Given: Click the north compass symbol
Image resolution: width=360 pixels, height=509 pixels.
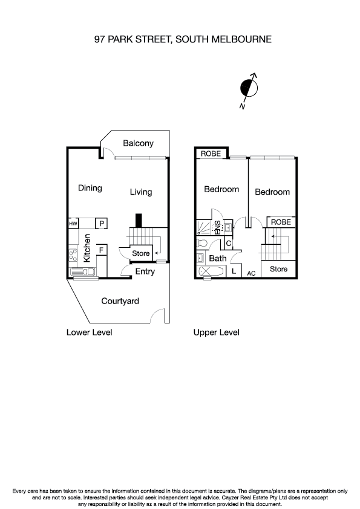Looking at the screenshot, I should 249,89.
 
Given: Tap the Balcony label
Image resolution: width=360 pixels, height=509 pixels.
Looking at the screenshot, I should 138,144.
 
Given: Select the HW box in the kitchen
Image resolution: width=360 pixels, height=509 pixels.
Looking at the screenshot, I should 73,224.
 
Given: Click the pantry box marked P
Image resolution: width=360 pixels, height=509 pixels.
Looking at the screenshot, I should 102,224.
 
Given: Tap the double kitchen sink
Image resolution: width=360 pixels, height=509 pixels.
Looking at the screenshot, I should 84,271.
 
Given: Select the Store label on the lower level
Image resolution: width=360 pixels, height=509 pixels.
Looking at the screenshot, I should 141,253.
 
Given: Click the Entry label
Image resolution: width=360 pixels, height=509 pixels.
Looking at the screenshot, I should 145,271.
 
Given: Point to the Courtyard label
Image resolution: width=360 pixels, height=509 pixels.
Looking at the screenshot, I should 120,301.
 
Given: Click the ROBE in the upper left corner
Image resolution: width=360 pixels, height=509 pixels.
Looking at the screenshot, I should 211,153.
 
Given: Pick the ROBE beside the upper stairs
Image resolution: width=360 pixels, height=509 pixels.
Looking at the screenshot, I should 281,222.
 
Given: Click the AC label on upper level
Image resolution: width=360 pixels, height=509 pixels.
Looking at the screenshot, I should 251,274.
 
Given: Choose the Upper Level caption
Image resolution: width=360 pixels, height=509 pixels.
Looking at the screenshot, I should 216,332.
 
